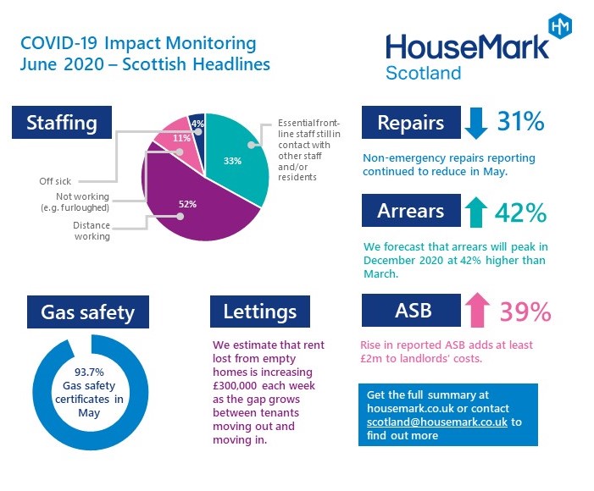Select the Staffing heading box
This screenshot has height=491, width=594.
pyautogui.click(x=61, y=122)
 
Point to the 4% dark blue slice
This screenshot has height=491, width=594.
pyautogui.click(x=197, y=123)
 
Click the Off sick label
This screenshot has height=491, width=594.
pyautogui.click(x=55, y=180)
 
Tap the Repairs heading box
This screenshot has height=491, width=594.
pyautogui.click(x=410, y=123)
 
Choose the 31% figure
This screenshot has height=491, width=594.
pyautogui.click(x=519, y=122)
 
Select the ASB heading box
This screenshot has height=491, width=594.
pyautogui.click(x=410, y=310)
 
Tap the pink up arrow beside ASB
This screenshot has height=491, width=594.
pyautogui.click(x=477, y=311)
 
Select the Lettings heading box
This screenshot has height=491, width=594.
pyautogui.click(x=260, y=311)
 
